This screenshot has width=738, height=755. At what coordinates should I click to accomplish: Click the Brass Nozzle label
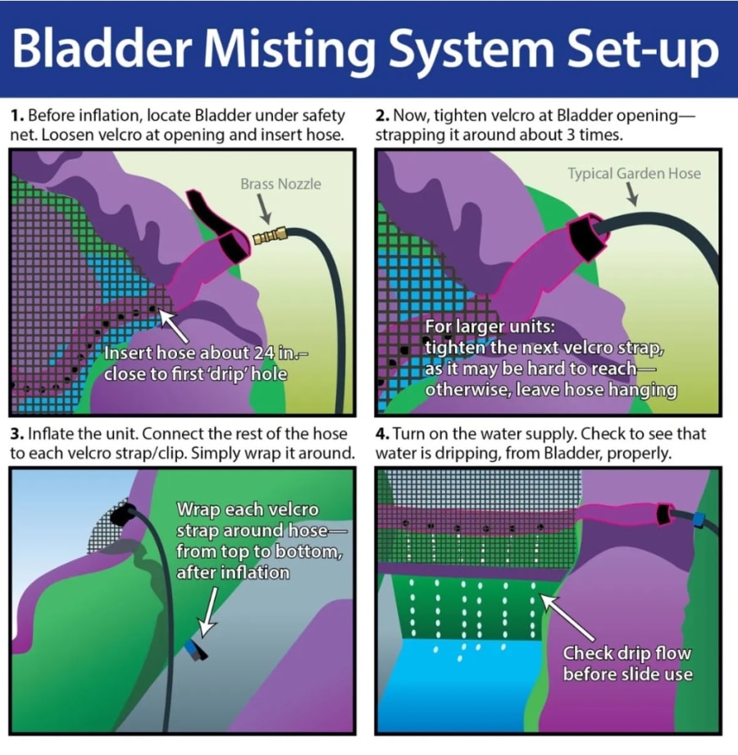point(280,184)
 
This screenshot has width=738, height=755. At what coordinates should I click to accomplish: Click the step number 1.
point(16,116)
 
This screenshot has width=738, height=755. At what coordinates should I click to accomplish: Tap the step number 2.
point(382,116)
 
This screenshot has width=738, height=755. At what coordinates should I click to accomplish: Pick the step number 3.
point(16,433)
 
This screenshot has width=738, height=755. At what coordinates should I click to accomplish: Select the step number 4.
point(382,433)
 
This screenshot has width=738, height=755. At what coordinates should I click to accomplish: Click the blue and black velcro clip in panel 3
point(197,651)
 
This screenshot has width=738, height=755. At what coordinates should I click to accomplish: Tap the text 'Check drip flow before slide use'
point(626,663)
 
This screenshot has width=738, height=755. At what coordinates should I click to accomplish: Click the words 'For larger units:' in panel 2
point(478,327)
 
